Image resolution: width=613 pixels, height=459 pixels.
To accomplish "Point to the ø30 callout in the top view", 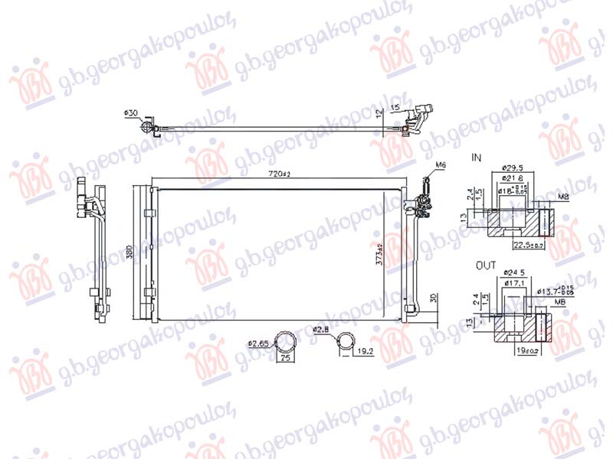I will pos(131,113).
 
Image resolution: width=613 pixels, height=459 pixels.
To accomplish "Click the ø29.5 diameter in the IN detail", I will pos(513,167).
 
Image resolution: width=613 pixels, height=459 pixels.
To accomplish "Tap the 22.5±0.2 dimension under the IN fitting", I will pos(528,246).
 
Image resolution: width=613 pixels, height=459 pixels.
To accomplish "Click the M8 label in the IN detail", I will pos(563,197).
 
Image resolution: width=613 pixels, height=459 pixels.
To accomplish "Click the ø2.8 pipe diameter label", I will pos(322,330).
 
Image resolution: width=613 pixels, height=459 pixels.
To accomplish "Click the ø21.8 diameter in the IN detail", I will pos(513,177).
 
